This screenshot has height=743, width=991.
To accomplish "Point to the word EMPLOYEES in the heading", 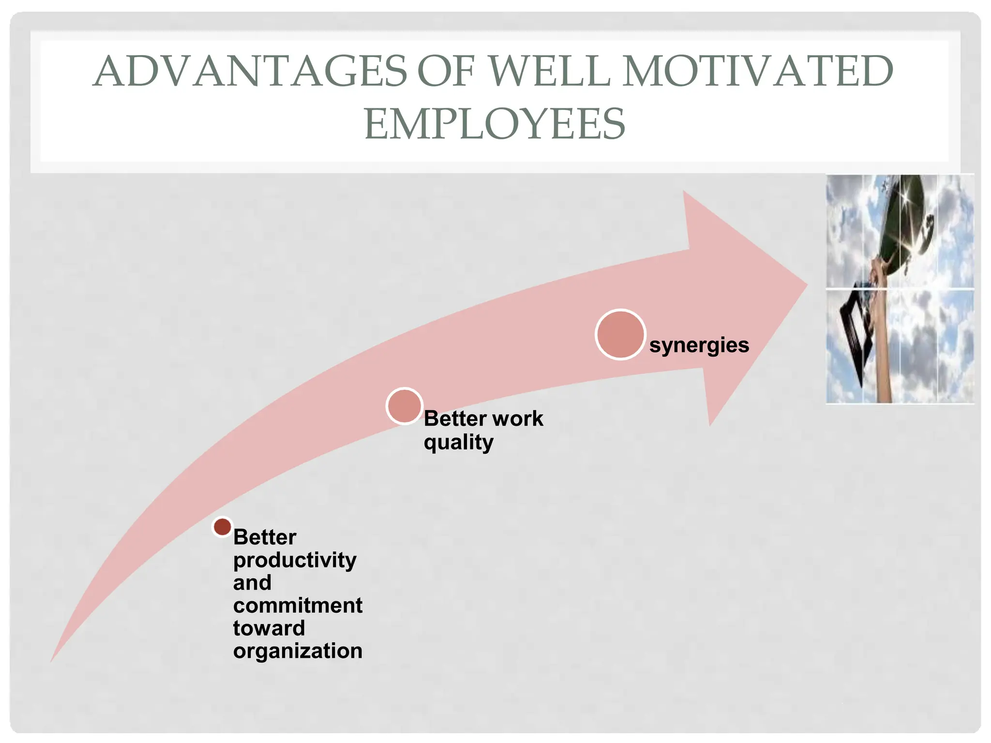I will point(495,124).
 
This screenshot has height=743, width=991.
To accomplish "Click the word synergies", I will point(699,345).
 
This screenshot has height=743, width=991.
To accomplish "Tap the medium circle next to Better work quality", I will point(405,406).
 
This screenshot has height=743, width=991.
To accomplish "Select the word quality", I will point(458,442).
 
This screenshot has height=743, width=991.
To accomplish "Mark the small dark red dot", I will point(223,527).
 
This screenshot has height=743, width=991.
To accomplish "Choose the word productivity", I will point(295,560).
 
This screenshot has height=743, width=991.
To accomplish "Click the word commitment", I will point(298,606).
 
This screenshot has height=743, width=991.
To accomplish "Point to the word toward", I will point(269,628).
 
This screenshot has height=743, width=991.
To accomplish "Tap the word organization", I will point(298,651).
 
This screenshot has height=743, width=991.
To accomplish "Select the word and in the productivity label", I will point(252,583).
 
